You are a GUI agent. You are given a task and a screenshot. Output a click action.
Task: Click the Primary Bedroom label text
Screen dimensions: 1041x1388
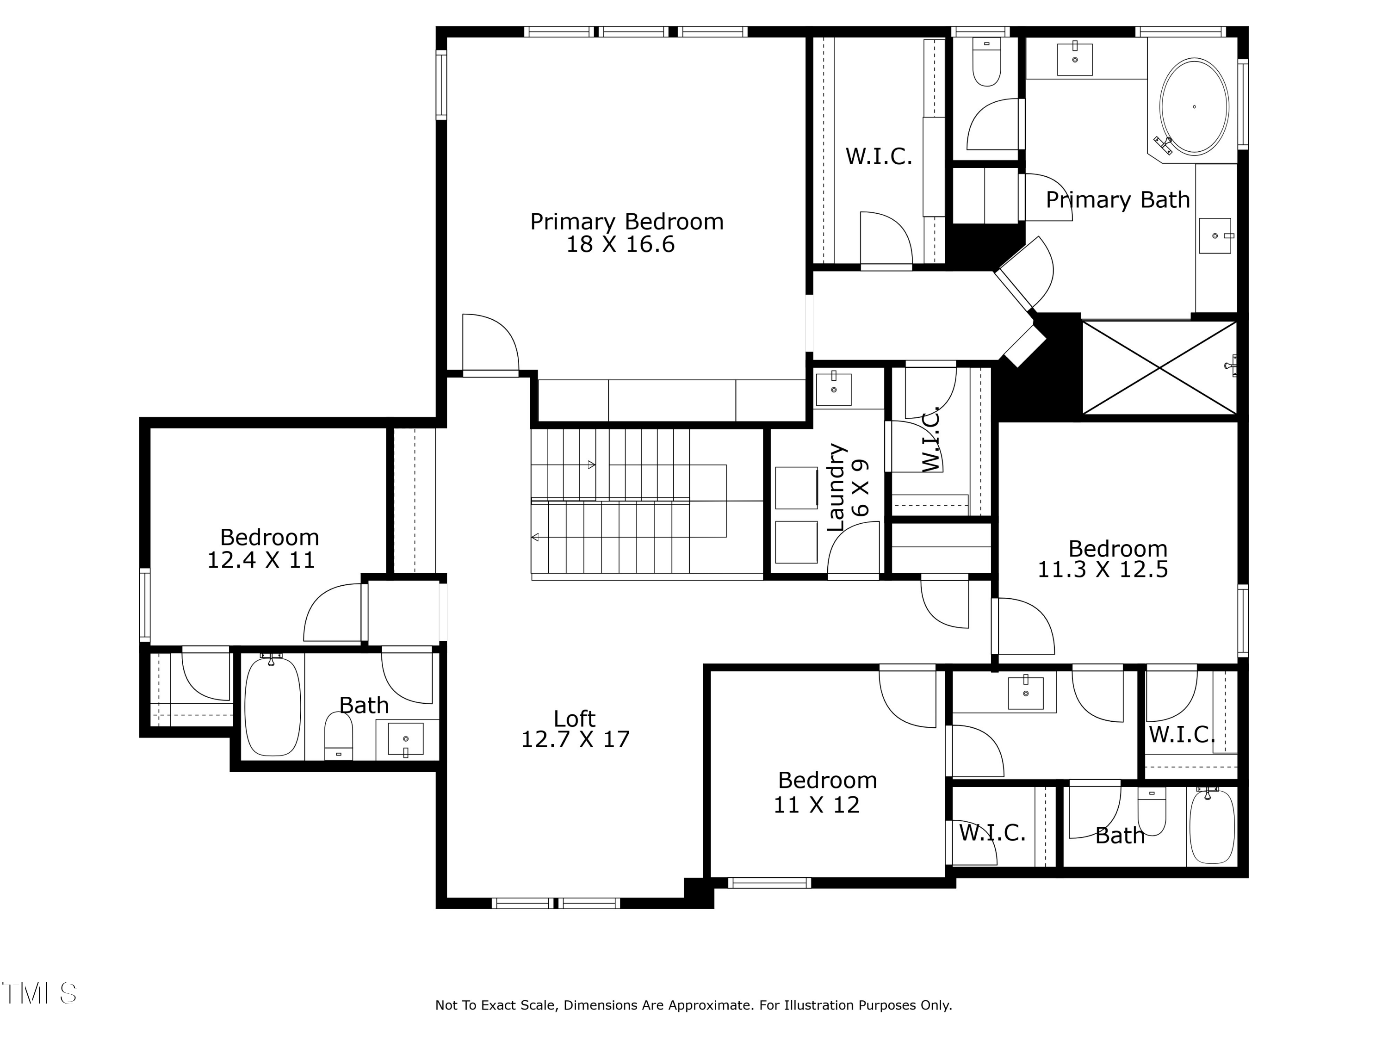tap(626, 222)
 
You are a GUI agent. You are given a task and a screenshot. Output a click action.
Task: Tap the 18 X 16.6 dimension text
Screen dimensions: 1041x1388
tap(620, 245)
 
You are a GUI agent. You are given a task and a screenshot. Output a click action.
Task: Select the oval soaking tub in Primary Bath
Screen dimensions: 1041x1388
tap(1194, 107)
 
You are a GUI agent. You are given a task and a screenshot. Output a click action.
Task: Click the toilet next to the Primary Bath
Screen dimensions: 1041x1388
tap(986, 63)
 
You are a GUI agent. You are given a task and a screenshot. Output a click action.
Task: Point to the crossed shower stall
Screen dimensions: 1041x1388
tap(1159, 368)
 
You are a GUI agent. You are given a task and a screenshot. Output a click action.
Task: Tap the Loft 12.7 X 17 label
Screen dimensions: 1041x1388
tap(575, 729)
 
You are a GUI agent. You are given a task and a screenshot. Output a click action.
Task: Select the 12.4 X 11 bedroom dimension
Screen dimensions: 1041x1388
tap(261, 560)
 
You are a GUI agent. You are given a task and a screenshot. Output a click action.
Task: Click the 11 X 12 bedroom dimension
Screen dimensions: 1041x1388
tap(816, 805)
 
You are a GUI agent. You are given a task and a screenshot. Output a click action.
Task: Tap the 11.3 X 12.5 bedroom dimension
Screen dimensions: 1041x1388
tap(1103, 570)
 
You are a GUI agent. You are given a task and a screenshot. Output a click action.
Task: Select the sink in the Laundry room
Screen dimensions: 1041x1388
tap(833, 389)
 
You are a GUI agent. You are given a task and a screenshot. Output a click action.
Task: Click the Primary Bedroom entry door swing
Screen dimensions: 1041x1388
tap(490, 344)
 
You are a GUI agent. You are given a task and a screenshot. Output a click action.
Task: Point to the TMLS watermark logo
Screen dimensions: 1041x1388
tap(39, 993)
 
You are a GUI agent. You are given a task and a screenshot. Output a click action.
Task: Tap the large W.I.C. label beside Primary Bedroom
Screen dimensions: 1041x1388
tap(879, 156)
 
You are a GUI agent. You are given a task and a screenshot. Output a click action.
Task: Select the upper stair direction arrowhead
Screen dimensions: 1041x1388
tap(591, 465)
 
